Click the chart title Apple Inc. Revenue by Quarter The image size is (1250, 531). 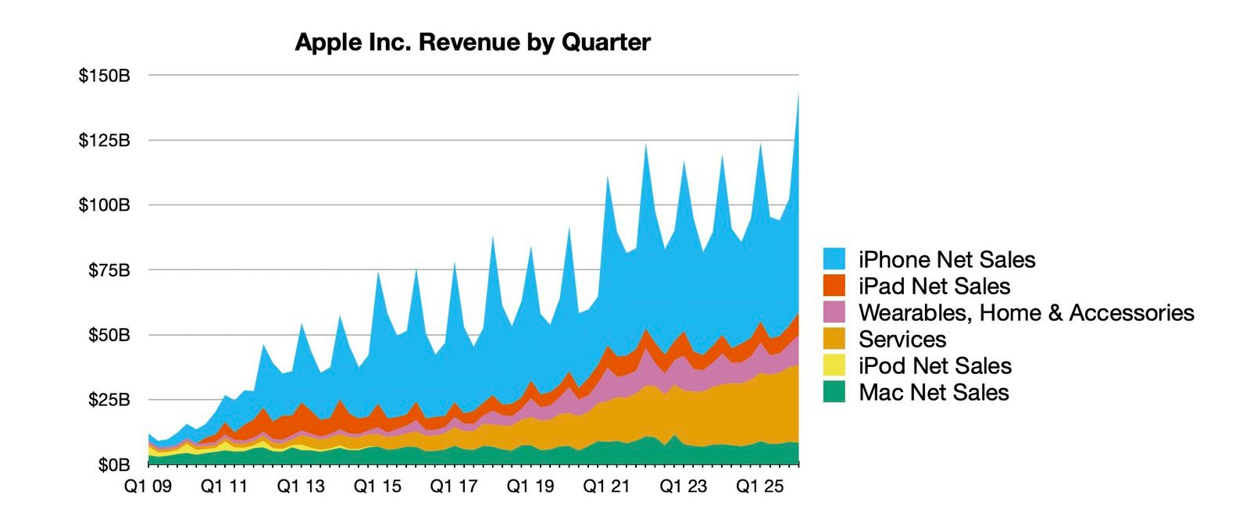tap(472, 42)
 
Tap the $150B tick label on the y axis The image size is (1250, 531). tap(104, 76)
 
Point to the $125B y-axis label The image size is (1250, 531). tap(104, 141)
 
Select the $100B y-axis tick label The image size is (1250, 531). tap(104, 205)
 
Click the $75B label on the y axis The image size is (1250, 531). tap(109, 270)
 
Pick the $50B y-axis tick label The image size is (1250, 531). tap(109, 335)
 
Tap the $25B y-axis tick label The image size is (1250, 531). tap(109, 400)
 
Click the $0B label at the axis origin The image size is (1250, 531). tap(113, 465)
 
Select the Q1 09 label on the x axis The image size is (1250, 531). tap(148, 486)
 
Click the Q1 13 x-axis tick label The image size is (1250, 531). tap(302, 486)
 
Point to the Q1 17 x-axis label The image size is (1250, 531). tap(454, 486)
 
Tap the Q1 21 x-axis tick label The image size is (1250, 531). tap(607, 486)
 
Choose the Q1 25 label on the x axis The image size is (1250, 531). tap(760, 486)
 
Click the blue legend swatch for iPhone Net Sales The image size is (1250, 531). tap(834, 260)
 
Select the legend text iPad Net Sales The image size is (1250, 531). tap(934, 287)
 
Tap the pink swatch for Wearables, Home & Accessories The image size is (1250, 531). tap(834, 313)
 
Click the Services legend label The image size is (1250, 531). tap(902, 340)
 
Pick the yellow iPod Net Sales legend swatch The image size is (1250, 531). tap(834, 366)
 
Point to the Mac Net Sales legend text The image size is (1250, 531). tap(934, 393)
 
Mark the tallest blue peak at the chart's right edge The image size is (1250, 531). tap(797, 98)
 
